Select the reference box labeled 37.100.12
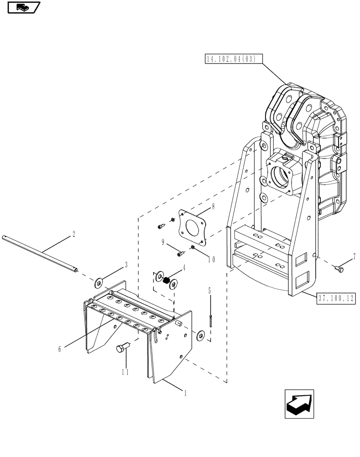336,298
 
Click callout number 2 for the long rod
74,234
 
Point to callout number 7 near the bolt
354,259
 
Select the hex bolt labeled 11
123,349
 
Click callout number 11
125,372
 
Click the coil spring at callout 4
167,280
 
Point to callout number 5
210,290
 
